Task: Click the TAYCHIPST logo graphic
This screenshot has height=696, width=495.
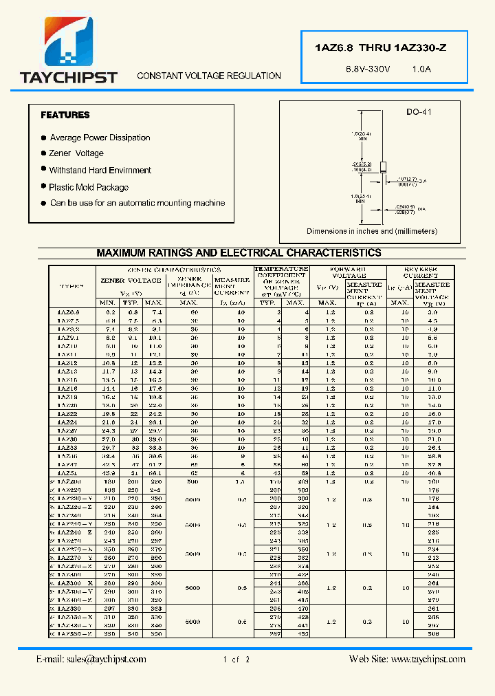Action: pos(69,43)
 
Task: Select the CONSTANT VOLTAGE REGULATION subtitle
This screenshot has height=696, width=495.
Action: pos(209,76)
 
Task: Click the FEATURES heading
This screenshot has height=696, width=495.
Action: pos(65,115)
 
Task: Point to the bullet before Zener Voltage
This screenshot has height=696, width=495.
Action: pos(43,153)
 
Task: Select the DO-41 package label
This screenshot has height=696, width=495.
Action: pos(419,112)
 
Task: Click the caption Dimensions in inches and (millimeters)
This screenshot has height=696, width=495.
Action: pos(371,231)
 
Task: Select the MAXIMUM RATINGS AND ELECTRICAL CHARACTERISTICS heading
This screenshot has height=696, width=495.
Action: pos(239,253)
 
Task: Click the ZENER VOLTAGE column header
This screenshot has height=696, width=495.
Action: pos(131,281)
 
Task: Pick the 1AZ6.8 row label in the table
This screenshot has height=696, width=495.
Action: pos(68,312)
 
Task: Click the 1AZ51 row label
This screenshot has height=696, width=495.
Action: pos(67,474)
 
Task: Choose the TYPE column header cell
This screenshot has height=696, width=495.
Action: pos(71,286)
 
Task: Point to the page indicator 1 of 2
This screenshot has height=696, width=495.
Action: pos(236,660)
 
